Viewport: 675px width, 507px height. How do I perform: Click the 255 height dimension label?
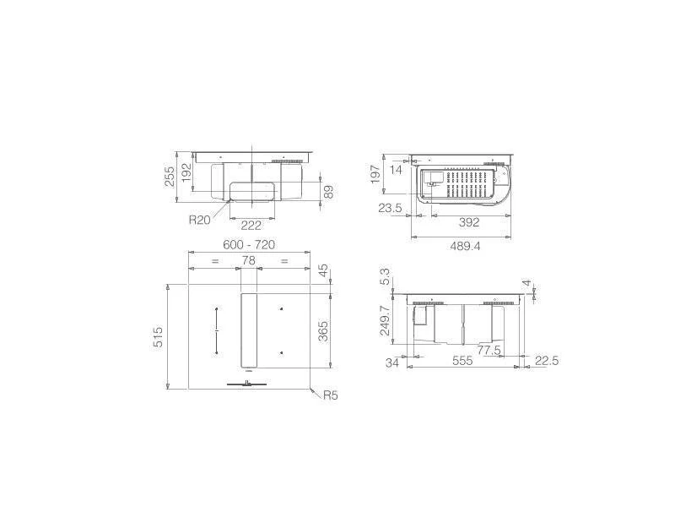tap(170, 177)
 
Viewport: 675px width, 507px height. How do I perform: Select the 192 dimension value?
tap(186, 172)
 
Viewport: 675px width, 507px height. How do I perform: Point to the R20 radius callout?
tap(200, 220)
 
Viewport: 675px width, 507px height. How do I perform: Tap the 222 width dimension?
tap(251, 225)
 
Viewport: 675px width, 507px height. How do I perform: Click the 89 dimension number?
tap(328, 192)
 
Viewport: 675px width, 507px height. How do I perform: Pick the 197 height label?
tap(375, 174)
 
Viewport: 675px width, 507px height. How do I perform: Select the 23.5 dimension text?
tap(390, 208)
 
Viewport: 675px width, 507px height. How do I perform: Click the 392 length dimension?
tap(469, 222)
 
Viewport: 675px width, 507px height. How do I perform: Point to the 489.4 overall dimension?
tap(465, 246)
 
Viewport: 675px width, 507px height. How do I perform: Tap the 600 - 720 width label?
tap(249, 244)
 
